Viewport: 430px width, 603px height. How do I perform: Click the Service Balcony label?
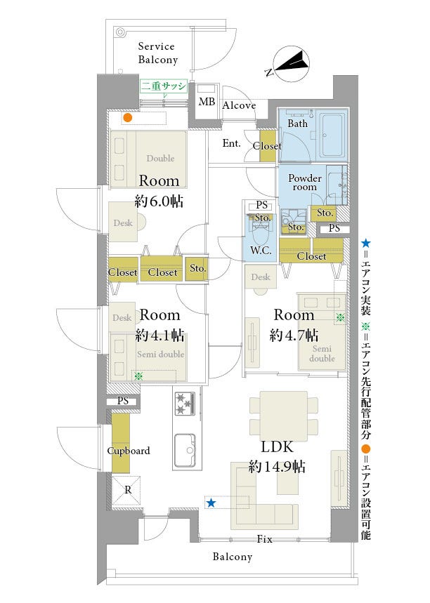(x=158, y=53)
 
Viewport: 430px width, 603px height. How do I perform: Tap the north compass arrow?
(x=292, y=63)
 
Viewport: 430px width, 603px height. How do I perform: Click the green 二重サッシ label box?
(x=163, y=86)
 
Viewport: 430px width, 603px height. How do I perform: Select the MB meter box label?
(x=207, y=102)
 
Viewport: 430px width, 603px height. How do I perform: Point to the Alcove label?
(x=239, y=105)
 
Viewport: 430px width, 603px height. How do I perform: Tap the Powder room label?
(x=304, y=183)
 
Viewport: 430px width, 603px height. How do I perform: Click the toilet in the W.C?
(x=261, y=233)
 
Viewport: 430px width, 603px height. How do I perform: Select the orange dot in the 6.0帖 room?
(x=128, y=118)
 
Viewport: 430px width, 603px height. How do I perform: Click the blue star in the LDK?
(x=211, y=503)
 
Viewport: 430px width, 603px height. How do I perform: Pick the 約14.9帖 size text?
(x=277, y=467)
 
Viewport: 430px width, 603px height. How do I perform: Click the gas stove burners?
(x=183, y=403)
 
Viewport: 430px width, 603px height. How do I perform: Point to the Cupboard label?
(x=128, y=451)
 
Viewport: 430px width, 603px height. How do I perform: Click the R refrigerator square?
(x=126, y=490)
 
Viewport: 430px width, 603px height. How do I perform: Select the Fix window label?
(x=264, y=539)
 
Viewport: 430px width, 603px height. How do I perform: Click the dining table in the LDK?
(x=283, y=416)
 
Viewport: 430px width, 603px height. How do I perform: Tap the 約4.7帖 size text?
(x=294, y=335)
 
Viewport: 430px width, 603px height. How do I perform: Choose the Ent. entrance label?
(x=231, y=143)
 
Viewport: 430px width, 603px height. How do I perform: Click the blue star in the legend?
(x=366, y=243)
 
